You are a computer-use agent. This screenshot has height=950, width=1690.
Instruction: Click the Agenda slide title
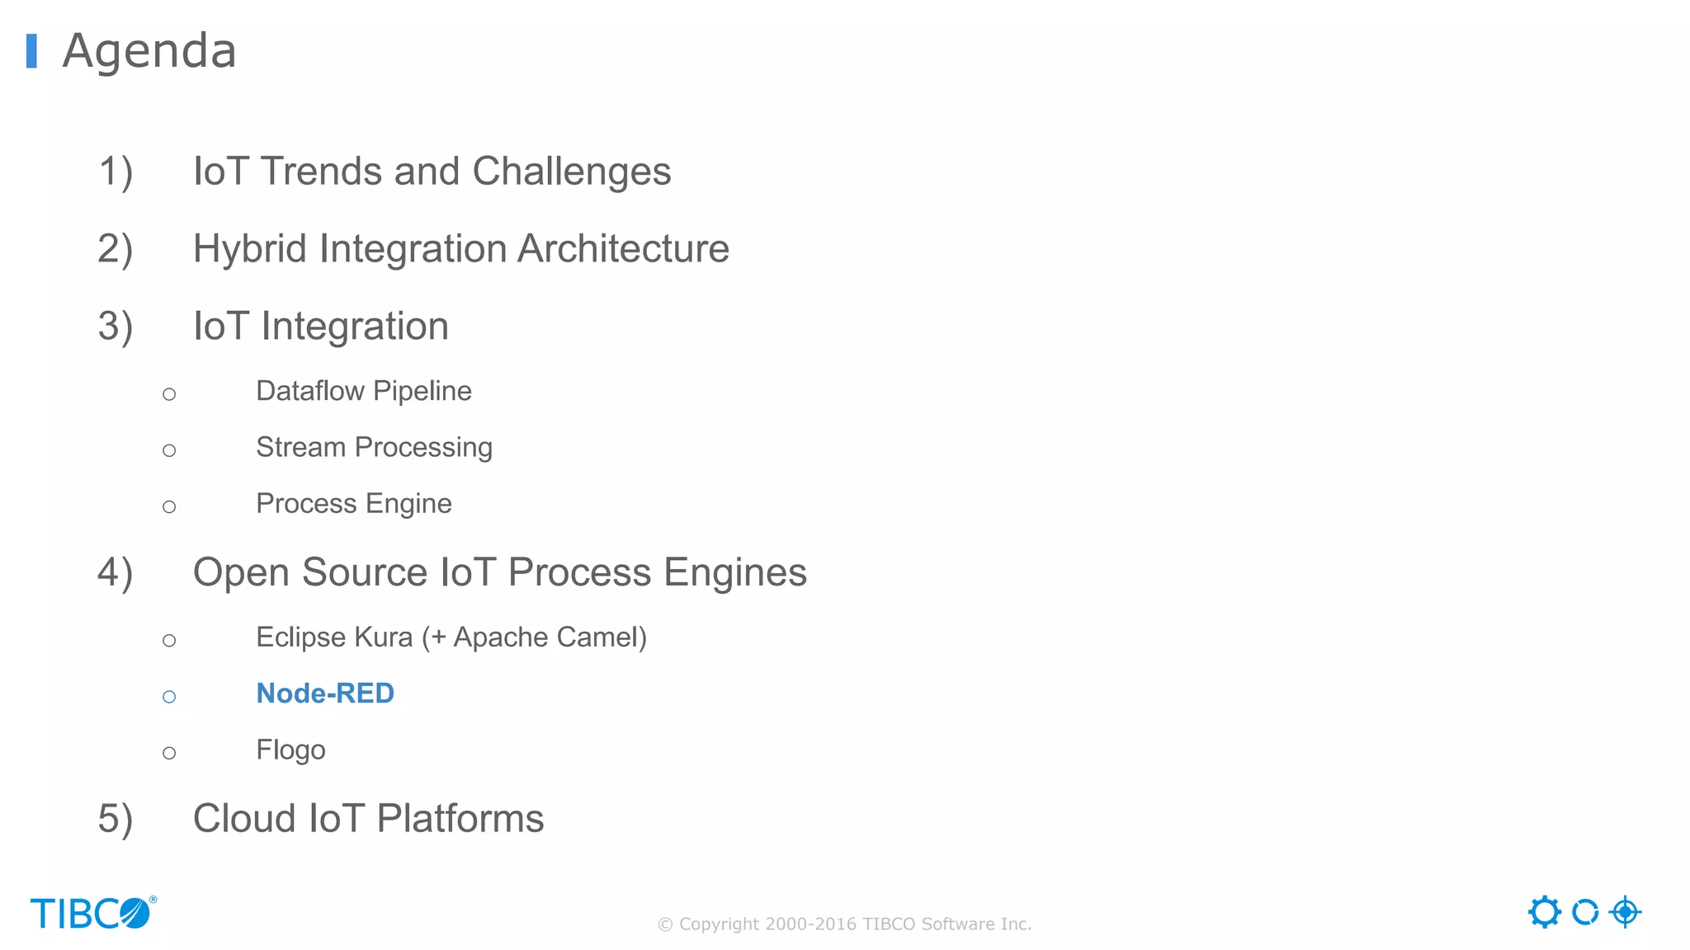click(149, 51)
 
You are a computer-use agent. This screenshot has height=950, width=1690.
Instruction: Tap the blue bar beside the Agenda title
click(31, 51)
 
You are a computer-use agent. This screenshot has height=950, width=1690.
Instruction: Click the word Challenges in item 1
click(571, 172)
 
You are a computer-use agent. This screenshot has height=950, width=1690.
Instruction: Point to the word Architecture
click(623, 249)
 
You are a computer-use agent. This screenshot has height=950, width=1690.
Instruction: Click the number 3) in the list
click(115, 327)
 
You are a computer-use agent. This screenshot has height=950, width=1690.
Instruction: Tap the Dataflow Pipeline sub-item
click(363, 391)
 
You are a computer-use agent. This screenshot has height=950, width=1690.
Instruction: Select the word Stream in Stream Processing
click(300, 447)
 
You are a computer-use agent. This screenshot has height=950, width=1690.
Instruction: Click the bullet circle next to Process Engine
click(169, 506)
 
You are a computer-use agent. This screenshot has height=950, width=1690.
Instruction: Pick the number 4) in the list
click(115, 573)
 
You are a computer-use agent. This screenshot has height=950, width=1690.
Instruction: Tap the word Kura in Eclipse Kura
click(383, 637)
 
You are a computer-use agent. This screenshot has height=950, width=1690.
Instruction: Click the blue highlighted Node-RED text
click(325, 694)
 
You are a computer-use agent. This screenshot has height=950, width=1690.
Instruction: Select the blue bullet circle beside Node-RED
click(169, 697)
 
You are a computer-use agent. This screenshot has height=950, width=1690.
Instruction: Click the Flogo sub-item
click(290, 750)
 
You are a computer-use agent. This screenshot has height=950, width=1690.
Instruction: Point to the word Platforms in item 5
click(460, 819)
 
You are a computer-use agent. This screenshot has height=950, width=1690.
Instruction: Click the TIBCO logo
click(92, 913)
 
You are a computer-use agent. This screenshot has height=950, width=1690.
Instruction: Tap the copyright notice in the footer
click(844, 924)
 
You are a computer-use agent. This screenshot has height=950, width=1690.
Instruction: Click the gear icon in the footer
click(1544, 912)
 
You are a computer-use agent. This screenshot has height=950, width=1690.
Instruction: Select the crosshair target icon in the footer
click(1625, 912)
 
